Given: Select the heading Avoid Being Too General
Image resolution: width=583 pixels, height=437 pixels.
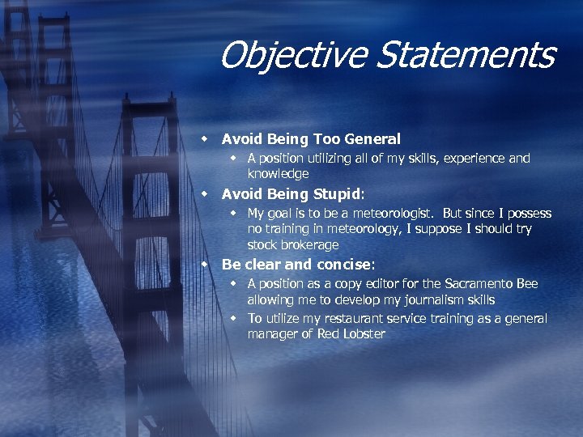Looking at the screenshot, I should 311,139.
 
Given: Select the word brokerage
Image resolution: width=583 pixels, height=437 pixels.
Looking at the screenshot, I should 307,244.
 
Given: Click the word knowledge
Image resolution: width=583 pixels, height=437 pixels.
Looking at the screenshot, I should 278,174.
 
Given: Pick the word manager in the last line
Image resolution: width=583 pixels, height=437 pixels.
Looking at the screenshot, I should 270,333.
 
